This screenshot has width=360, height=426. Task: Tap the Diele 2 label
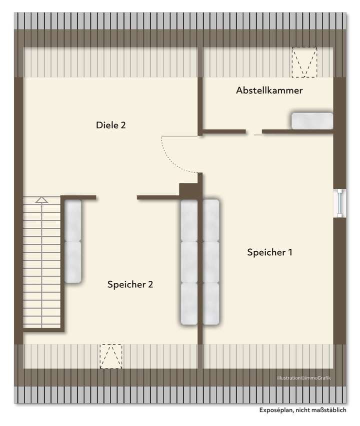click(110, 125)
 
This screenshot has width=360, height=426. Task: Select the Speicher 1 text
click(269, 252)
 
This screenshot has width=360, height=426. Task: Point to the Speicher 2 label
click(130, 284)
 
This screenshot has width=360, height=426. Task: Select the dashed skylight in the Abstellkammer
click(305, 62)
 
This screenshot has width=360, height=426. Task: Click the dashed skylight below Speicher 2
click(110, 356)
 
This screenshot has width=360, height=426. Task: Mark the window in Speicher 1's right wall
click(340, 203)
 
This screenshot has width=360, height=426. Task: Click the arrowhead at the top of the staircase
click(41, 200)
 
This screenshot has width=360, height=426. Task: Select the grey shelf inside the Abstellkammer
click(312, 121)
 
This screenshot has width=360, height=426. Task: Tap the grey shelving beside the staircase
click(73, 241)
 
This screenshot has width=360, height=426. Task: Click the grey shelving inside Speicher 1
click(211, 263)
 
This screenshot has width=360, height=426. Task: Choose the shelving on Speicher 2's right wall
click(189, 263)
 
